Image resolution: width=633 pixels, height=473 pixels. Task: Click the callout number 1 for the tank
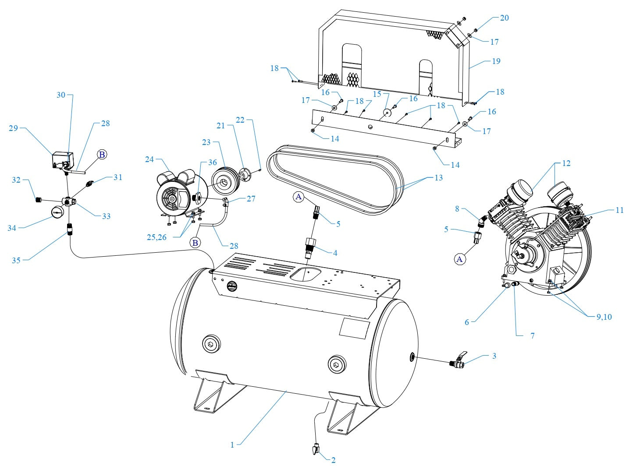pos(232,445)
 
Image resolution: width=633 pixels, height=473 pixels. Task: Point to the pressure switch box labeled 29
pos(62,160)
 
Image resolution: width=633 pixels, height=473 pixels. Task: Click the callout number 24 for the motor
pos(149,159)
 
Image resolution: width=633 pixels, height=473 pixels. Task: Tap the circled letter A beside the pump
pos(459,259)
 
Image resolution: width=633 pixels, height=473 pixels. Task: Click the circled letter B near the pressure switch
pos(102,154)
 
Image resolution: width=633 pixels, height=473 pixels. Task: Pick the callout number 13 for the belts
pos(438,177)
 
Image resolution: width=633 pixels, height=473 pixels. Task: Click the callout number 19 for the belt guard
pos(496,61)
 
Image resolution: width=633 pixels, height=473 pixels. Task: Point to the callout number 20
pos(504,18)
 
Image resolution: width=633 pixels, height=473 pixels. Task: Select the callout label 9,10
pos(604,317)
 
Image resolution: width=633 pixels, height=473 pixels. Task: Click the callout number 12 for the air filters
pos(566,163)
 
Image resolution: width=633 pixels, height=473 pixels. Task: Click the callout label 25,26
pos(156,237)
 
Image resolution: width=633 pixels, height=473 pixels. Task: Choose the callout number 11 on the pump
pos(619,210)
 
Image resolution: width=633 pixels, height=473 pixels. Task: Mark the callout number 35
pos(16,260)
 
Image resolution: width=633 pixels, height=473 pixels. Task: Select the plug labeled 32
pos(38,200)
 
